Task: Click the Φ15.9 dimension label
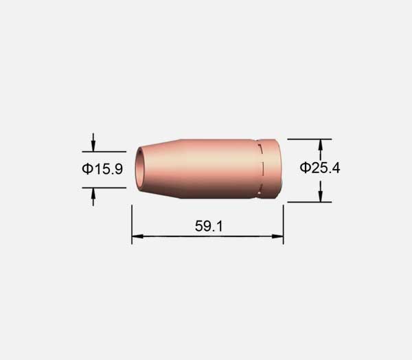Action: (102, 169)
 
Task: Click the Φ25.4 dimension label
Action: (320, 168)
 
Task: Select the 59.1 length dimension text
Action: (209, 226)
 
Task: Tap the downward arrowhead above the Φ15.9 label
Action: (93, 146)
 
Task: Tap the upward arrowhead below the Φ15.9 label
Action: (93, 194)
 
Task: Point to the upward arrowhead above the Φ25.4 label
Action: (320, 145)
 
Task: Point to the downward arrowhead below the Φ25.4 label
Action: (320, 196)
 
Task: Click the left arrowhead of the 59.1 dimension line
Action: (137, 236)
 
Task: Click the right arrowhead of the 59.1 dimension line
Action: (277, 236)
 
